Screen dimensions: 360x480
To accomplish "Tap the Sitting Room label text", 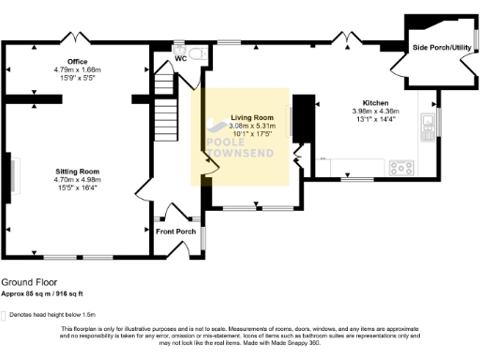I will click(77, 172).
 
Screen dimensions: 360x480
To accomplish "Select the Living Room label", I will click(249, 117).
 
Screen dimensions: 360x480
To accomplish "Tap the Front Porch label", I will click(175, 232).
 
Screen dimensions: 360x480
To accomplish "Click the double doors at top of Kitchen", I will click(348, 38).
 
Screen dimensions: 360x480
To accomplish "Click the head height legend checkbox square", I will click(4, 315).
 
